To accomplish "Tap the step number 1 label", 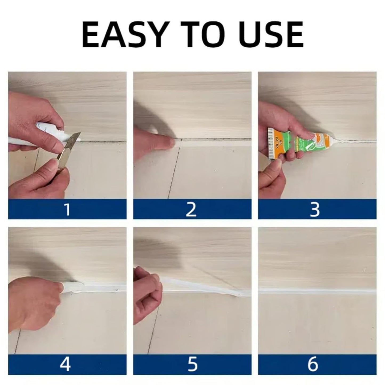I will (67, 209).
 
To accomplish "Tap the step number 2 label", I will (191, 209).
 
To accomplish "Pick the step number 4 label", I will (65, 364).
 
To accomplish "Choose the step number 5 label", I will (192, 364).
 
